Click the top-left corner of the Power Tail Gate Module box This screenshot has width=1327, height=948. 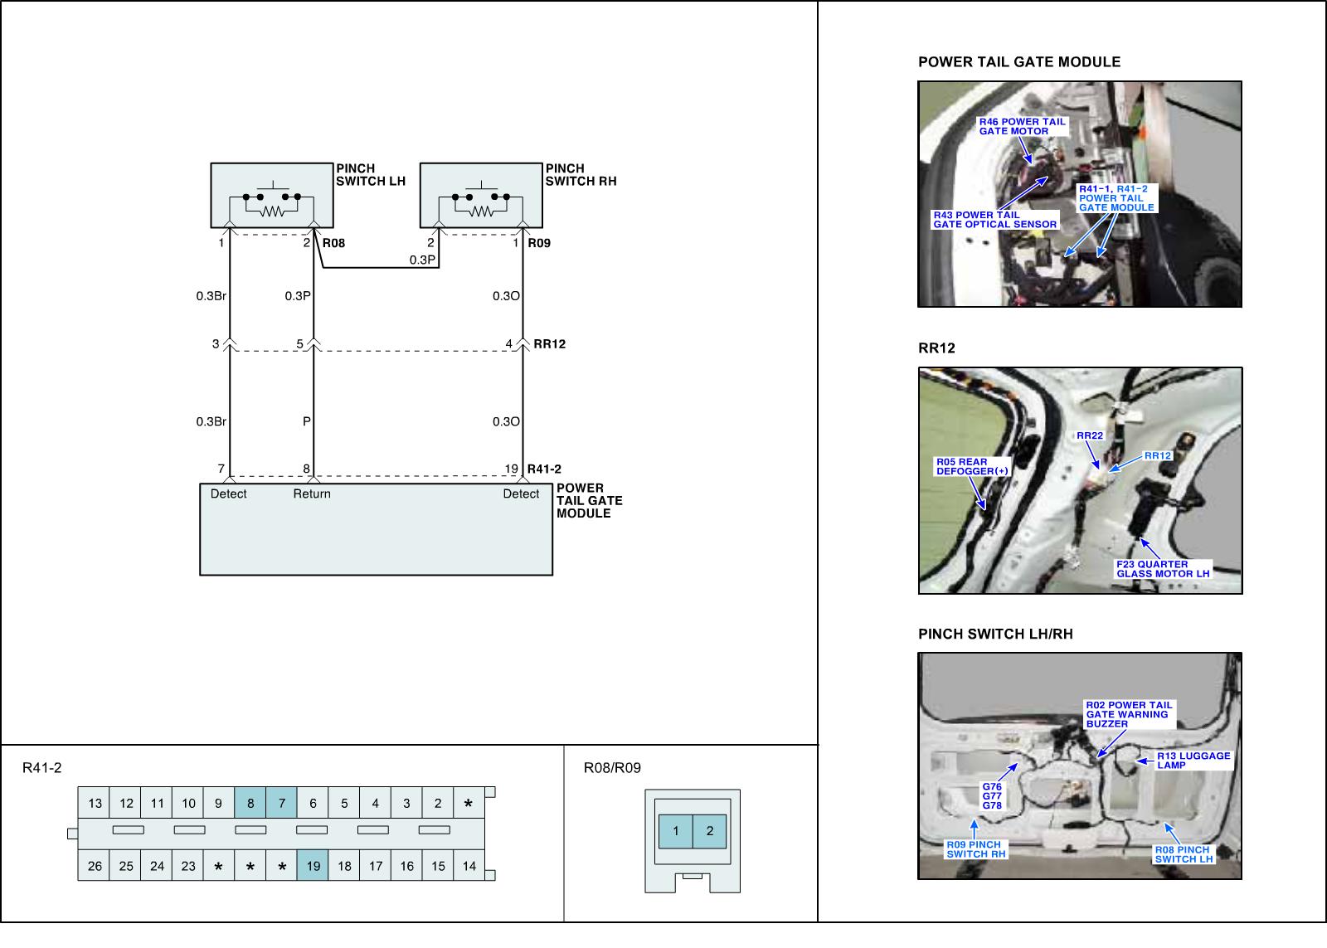[200, 484]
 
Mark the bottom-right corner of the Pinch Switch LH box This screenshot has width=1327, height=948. [333, 227]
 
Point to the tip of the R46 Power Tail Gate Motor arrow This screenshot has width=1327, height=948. [1031, 164]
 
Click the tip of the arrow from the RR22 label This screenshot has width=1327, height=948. [1100, 469]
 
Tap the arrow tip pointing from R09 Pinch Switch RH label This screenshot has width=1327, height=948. [974, 819]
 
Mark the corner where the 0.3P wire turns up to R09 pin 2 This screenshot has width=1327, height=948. [439, 268]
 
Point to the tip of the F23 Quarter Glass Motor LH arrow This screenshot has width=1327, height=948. [1140, 539]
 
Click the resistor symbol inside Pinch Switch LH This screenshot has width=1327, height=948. [272, 211]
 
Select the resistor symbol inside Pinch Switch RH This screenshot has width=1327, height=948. [482, 211]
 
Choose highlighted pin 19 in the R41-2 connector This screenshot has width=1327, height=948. [313, 866]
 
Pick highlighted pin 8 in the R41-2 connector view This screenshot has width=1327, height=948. [250, 803]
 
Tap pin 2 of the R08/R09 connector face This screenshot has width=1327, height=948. [710, 831]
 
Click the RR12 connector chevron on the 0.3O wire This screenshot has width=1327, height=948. [523, 344]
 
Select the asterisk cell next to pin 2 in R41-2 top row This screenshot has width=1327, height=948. [469, 803]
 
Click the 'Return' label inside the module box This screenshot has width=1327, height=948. [312, 493]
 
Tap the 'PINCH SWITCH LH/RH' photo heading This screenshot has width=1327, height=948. [995, 634]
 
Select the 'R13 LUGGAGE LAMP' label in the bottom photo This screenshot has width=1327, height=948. [1193, 761]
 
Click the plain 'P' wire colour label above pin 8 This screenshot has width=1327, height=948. [306, 421]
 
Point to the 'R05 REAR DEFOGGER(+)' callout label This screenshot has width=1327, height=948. [971, 466]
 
